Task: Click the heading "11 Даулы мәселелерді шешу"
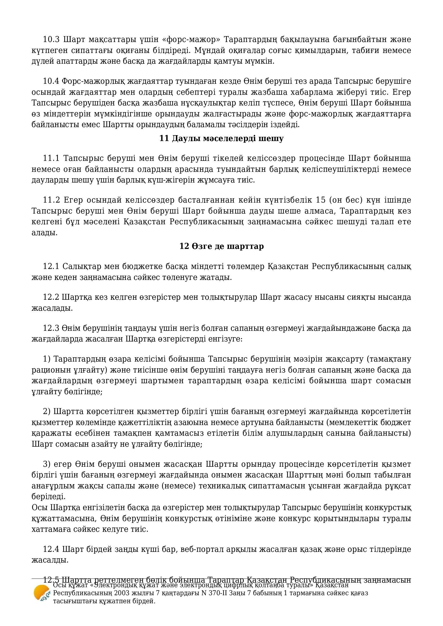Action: (221, 139)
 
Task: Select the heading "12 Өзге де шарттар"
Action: (221, 246)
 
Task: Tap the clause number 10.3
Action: (51, 40)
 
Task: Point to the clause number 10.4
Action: (51, 81)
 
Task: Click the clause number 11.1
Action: (51, 158)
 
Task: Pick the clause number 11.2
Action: (51, 200)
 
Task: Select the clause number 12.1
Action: (51, 266)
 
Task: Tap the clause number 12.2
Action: (51, 297)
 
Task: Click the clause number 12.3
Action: (51, 328)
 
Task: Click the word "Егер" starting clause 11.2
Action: (73, 200)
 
